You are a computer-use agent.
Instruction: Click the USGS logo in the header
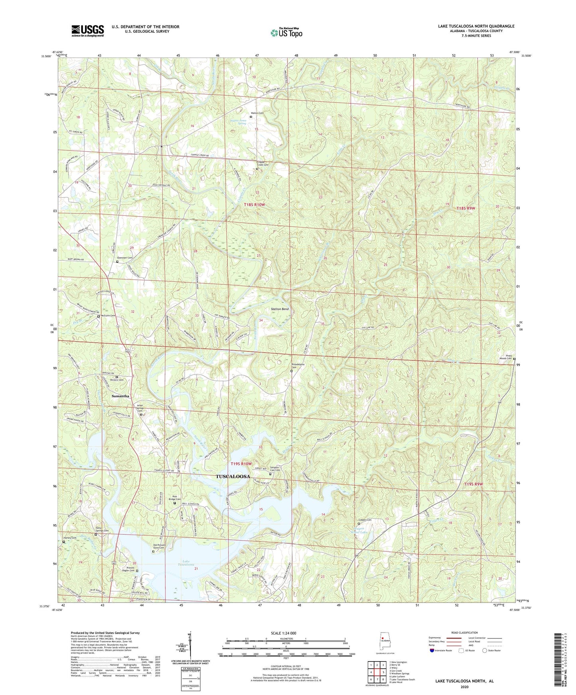87,31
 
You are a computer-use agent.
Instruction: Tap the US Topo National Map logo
286,32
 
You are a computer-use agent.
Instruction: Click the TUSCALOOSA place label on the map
233,476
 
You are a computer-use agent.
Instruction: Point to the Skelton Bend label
279,309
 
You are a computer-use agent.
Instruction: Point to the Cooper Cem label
365,520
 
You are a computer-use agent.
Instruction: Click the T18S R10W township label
254,205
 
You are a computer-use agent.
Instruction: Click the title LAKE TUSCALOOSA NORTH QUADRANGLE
476,26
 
